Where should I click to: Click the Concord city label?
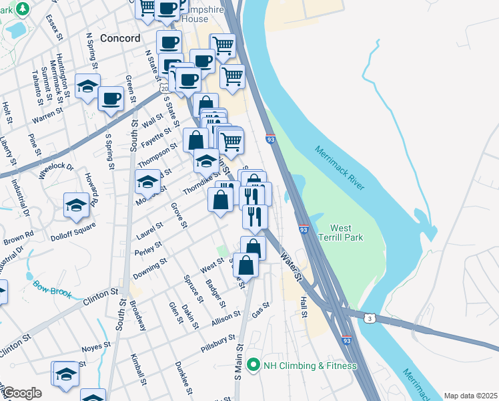pyautogui.click(x=120, y=38)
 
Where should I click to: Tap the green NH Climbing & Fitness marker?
pyautogui.click(x=253, y=365)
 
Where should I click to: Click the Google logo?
pyautogui.click(x=22, y=393)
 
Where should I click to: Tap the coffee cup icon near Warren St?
pyautogui.click(x=111, y=99)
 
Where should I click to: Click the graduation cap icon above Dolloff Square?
pyautogui.click(x=77, y=205)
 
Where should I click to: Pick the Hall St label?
pyautogui.click(x=304, y=308)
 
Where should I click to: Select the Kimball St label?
pyautogui.click(x=139, y=370)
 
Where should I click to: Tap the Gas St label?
pyautogui.click(x=260, y=309)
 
